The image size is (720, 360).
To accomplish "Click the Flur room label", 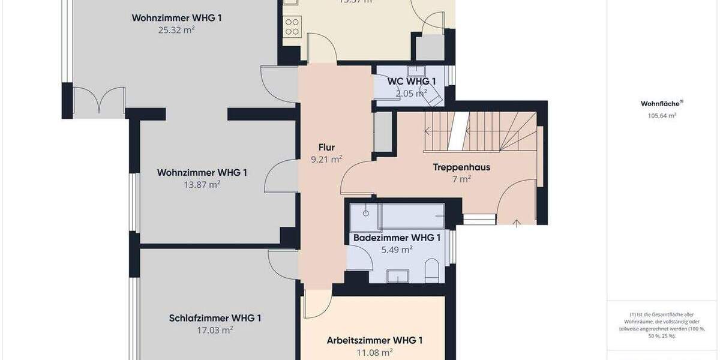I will click(x=326, y=147).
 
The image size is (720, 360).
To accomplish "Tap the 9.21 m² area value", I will click(x=326, y=160).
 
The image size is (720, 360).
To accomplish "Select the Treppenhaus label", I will click(x=461, y=167).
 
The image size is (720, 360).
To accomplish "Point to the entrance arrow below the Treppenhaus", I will click(x=517, y=223).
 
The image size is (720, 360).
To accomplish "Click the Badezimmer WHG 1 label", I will click(x=397, y=238).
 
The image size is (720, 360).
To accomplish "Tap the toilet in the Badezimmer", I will click(x=432, y=271).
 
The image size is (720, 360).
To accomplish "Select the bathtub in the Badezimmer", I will click(x=412, y=215).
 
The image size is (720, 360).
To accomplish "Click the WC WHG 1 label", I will click(x=412, y=81).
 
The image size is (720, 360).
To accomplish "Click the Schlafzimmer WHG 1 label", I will click(x=215, y=318).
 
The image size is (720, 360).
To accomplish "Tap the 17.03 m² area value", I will click(x=215, y=330).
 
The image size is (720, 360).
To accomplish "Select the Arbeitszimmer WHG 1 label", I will click(x=374, y=340).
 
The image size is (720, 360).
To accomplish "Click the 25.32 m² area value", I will click(x=176, y=29).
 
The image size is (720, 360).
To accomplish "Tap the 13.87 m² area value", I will click(x=202, y=185).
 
